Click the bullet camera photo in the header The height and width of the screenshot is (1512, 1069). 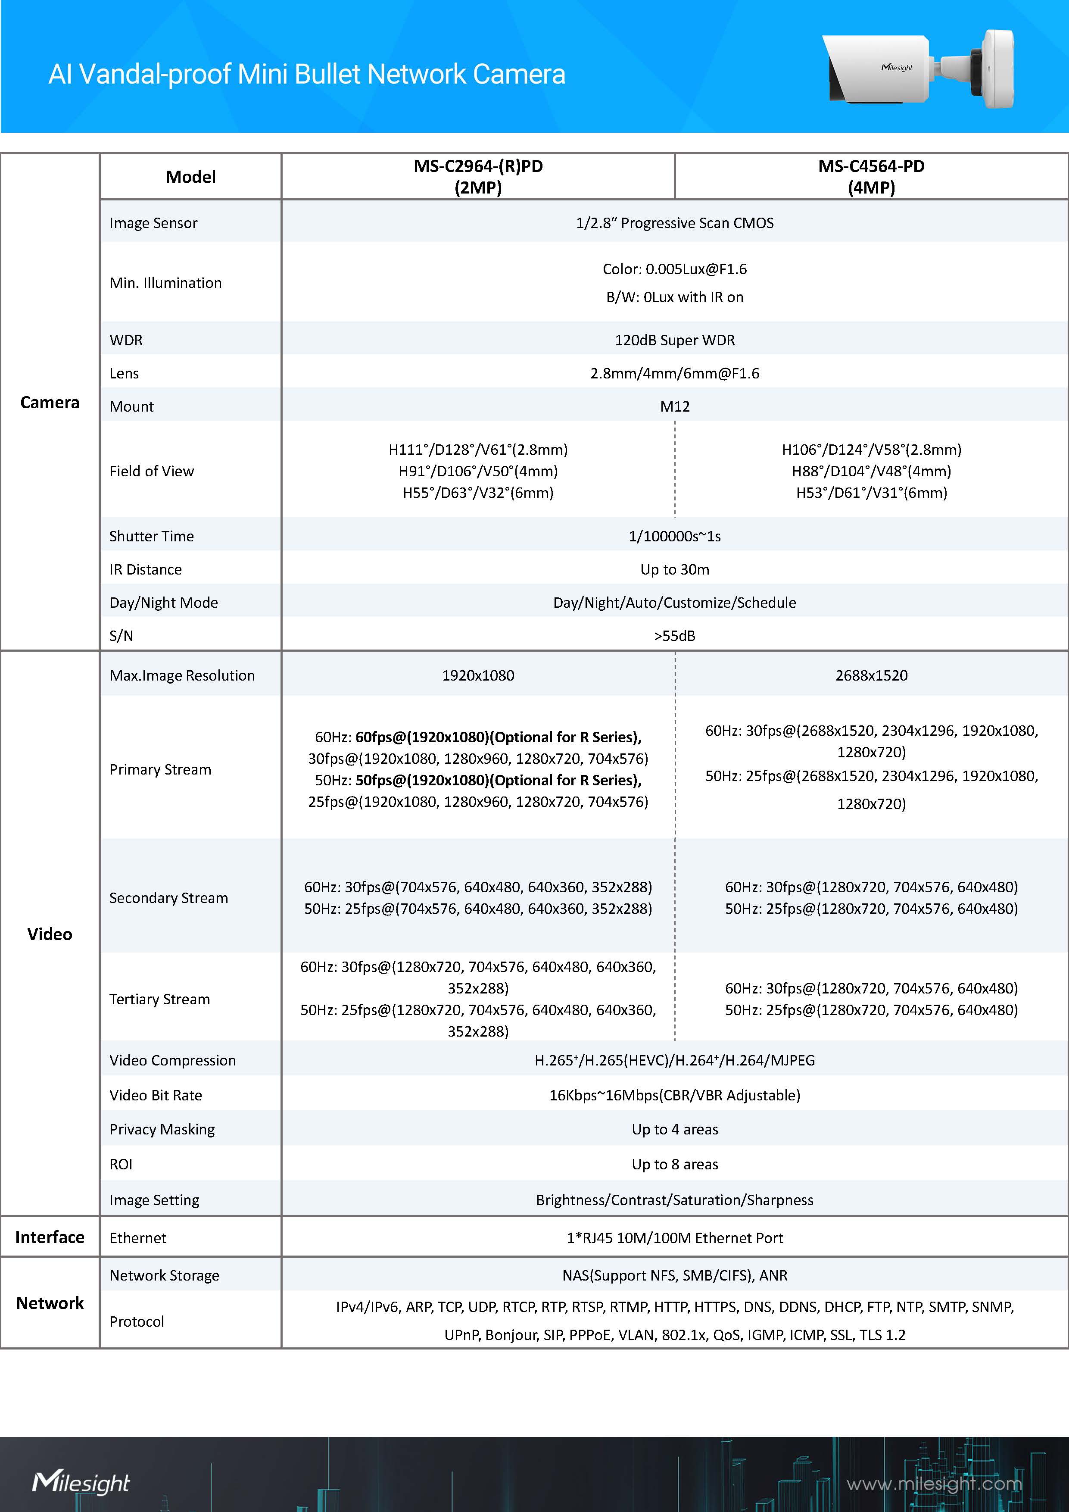click(918, 69)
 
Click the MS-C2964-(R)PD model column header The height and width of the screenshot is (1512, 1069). click(478, 176)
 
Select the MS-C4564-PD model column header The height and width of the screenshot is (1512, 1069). click(871, 176)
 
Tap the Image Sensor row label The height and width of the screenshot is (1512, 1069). click(153, 223)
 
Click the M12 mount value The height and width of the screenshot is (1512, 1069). click(675, 407)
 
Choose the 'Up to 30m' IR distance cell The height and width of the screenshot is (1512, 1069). click(675, 570)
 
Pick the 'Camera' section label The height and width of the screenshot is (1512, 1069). click(50, 403)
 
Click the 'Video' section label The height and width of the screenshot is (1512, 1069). click(50, 934)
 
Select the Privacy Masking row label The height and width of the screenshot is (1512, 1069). click(162, 1129)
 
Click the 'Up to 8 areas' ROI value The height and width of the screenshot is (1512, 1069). click(675, 1164)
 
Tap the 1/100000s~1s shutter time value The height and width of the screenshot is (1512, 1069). click(675, 537)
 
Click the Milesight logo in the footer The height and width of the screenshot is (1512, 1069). click(81, 1482)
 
